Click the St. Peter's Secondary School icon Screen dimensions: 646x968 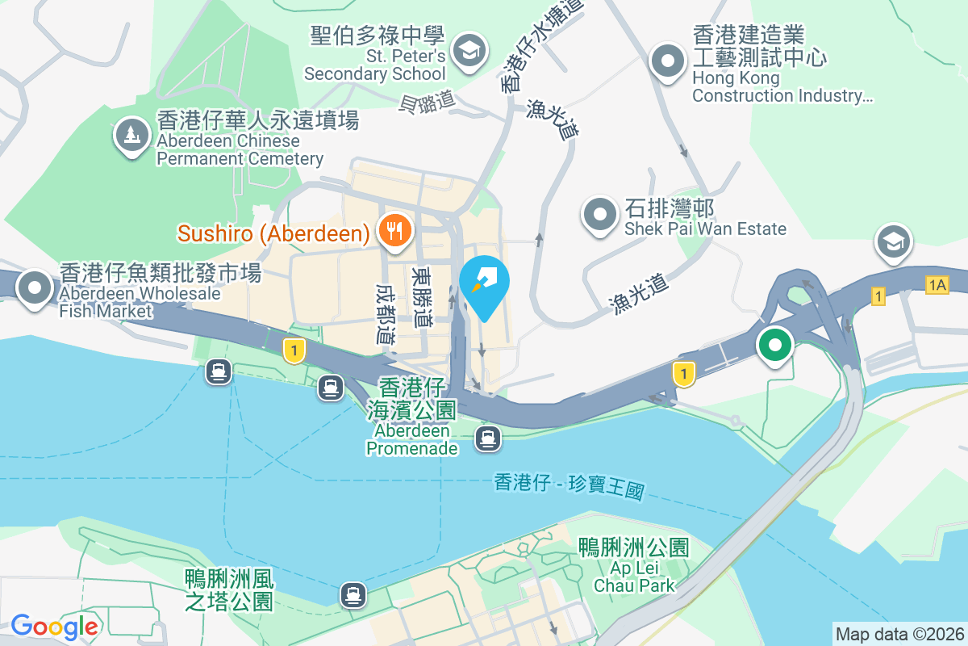pos(466,50)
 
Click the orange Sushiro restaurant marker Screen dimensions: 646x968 pos(394,231)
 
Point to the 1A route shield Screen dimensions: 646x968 pos(937,284)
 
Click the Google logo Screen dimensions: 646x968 pos(54,626)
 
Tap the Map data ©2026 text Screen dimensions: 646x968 pos(899,634)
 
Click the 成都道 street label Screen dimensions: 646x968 pos(386,313)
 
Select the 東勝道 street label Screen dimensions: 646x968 pos(421,296)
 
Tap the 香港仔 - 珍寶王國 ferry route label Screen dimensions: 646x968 pos(570,486)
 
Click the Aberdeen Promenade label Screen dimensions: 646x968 pos(411,438)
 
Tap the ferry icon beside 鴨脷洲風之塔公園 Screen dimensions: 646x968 pos(353,595)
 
